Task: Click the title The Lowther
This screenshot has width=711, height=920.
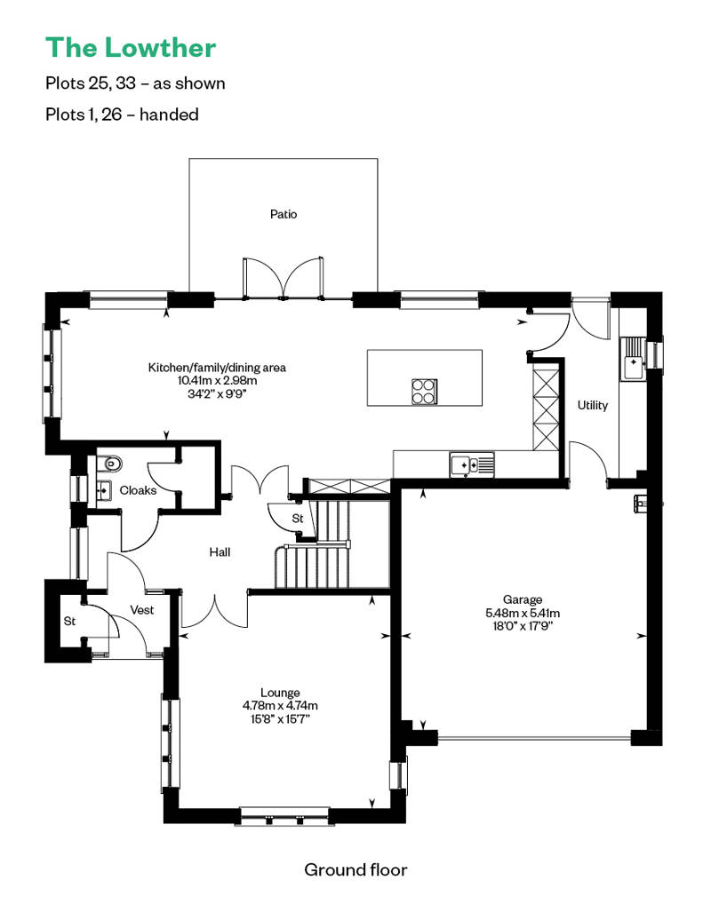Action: tap(130, 46)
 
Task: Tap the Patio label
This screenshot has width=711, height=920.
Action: tap(284, 214)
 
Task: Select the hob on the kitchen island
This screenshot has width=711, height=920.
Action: tap(423, 390)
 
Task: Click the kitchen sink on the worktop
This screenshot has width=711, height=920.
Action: tap(471, 464)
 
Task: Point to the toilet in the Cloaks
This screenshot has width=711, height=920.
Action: tap(108, 462)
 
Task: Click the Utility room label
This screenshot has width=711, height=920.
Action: tap(593, 405)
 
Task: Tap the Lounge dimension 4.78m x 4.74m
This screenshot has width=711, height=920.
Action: tap(280, 706)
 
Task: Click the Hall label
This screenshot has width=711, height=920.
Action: tap(220, 552)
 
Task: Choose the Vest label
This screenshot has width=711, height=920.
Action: tap(142, 610)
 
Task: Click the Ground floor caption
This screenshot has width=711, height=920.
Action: tap(355, 869)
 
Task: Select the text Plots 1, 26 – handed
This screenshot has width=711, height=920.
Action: tap(122, 114)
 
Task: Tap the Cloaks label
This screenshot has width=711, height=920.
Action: tap(138, 490)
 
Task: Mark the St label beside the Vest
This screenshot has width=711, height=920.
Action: tap(68, 622)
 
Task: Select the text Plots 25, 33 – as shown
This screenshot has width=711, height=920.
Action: tap(135, 83)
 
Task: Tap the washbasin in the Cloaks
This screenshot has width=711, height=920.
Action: tap(102, 489)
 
